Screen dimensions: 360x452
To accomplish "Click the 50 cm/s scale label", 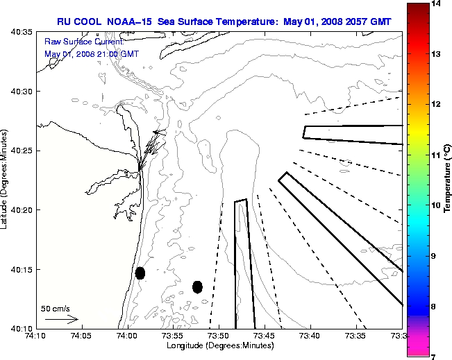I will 56,309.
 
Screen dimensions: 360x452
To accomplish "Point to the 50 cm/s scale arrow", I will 61,320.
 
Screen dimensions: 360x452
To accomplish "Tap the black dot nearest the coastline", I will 140,273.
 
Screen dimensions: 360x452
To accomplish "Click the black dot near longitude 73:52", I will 197,286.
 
